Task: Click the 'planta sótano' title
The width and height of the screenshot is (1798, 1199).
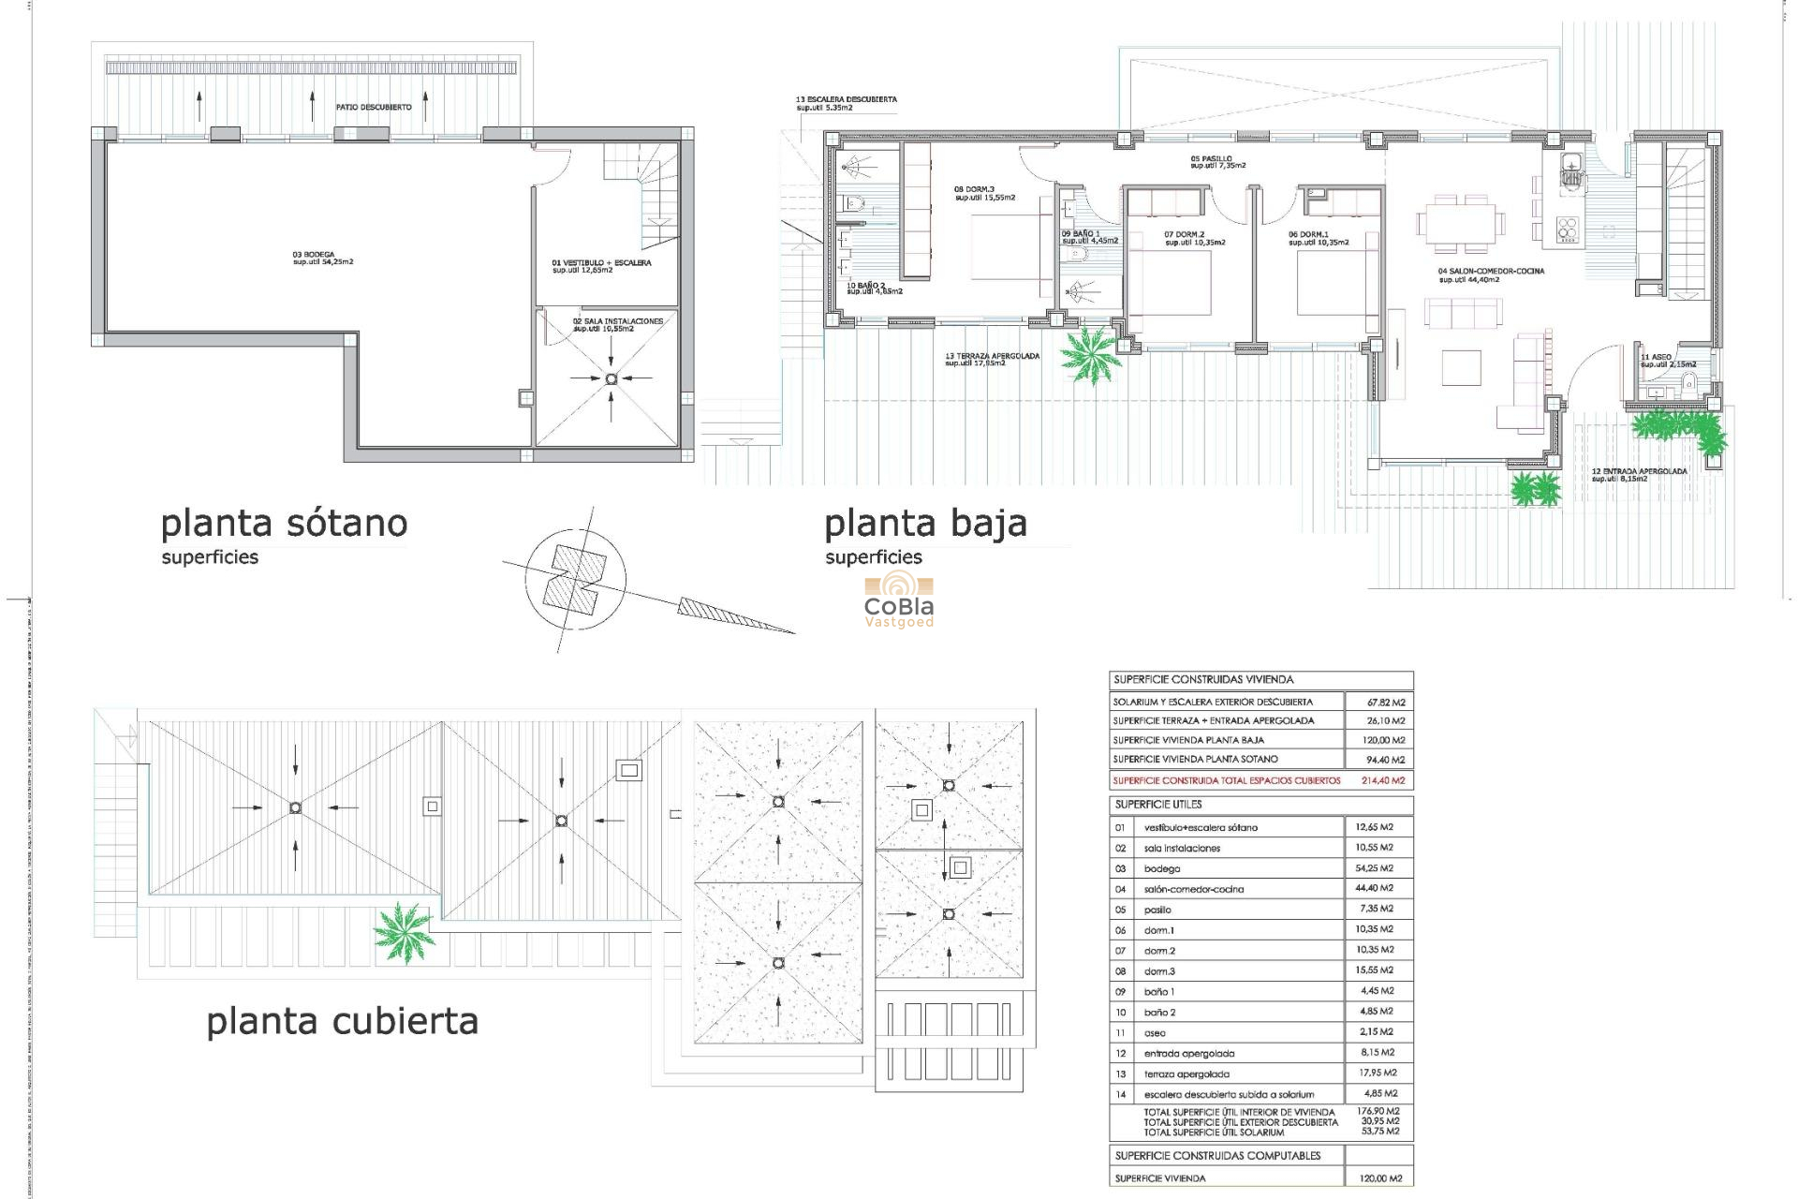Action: (284, 524)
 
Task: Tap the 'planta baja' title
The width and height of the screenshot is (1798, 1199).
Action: (925, 524)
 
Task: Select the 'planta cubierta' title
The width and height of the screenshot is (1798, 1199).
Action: (342, 1021)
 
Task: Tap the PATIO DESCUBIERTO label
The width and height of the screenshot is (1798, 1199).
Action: (374, 108)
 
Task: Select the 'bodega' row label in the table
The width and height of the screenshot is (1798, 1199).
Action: (1162, 869)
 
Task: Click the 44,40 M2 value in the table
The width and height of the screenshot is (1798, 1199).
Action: (1374, 888)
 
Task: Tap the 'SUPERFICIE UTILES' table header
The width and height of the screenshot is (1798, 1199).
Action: (1158, 805)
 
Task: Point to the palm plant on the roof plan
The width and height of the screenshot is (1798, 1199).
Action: (404, 932)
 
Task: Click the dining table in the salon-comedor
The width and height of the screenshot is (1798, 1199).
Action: (1461, 224)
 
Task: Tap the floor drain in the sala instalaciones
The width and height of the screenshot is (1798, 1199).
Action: (612, 378)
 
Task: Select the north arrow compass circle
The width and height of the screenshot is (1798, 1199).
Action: (575, 580)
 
